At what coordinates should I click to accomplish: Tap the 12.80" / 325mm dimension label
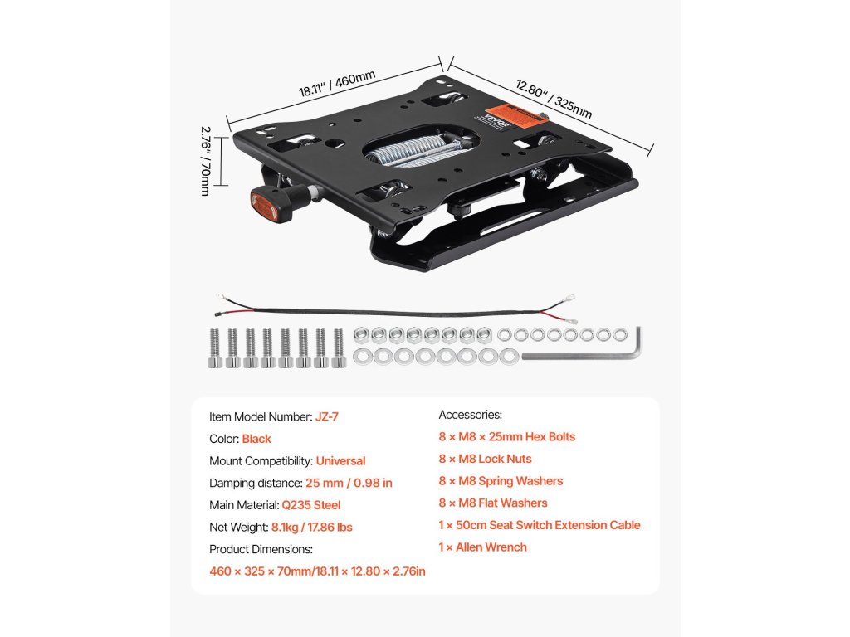click(x=554, y=99)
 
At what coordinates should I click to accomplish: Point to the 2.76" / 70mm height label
click(x=204, y=161)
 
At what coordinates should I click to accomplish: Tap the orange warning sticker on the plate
click(x=512, y=116)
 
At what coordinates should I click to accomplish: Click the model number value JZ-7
click(x=326, y=416)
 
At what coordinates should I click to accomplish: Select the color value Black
click(x=256, y=439)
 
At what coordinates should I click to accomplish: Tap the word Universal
click(x=340, y=460)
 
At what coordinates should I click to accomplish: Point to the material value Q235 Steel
click(x=311, y=504)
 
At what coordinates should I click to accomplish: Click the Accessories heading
click(x=470, y=415)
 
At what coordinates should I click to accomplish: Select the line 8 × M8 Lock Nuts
click(x=485, y=459)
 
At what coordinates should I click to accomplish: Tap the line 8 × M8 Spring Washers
click(x=501, y=481)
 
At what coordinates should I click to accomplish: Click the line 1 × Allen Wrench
click(x=482, y=547)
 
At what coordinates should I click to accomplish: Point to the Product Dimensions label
click(x=261, y=549)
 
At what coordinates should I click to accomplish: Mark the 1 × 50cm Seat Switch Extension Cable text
click(x=540, y=525)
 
